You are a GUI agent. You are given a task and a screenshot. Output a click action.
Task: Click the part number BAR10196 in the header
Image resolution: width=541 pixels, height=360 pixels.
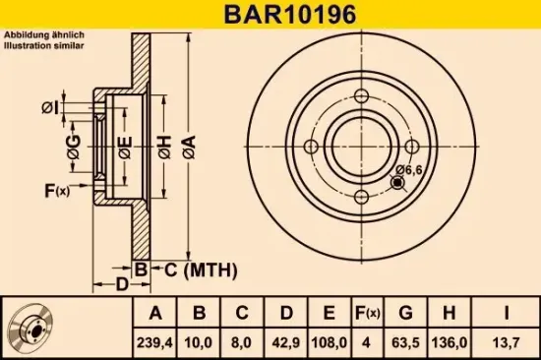tap(270, 13)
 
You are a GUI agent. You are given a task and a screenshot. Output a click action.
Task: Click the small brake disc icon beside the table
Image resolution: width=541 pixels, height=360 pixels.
tap(33, 330)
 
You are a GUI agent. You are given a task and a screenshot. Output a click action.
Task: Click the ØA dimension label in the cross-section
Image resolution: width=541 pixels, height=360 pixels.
tap(190, 149)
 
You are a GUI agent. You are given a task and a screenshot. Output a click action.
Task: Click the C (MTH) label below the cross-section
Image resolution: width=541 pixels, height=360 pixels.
tap(181, 269)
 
